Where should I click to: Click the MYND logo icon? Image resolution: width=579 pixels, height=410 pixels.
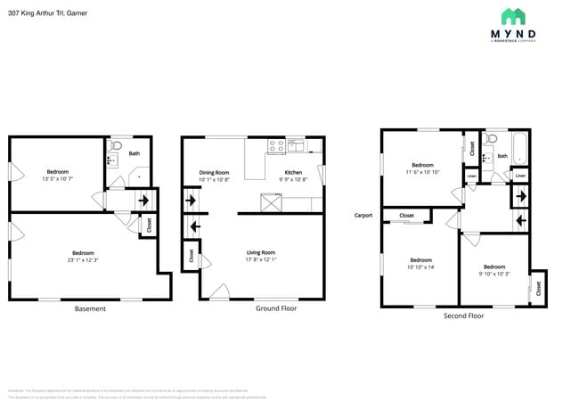[513, 17]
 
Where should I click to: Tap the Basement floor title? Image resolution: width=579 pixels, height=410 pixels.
[90, 308]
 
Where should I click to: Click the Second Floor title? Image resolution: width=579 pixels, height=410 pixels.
[463, 316]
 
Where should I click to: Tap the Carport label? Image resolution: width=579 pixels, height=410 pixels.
[363, 215]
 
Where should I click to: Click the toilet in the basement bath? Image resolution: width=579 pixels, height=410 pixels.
[115, 146]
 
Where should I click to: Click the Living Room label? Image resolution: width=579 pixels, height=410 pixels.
[261, 252]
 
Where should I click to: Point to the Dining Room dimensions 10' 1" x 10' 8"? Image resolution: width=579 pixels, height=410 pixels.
[214, 180]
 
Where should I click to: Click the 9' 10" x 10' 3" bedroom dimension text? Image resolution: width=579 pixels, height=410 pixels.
[493, 275]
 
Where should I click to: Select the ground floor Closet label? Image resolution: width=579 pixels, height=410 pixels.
[192, 255]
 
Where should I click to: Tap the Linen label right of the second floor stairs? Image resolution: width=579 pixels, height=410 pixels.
[520, 176]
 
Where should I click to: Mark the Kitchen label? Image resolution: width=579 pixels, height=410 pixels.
[293, 172]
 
